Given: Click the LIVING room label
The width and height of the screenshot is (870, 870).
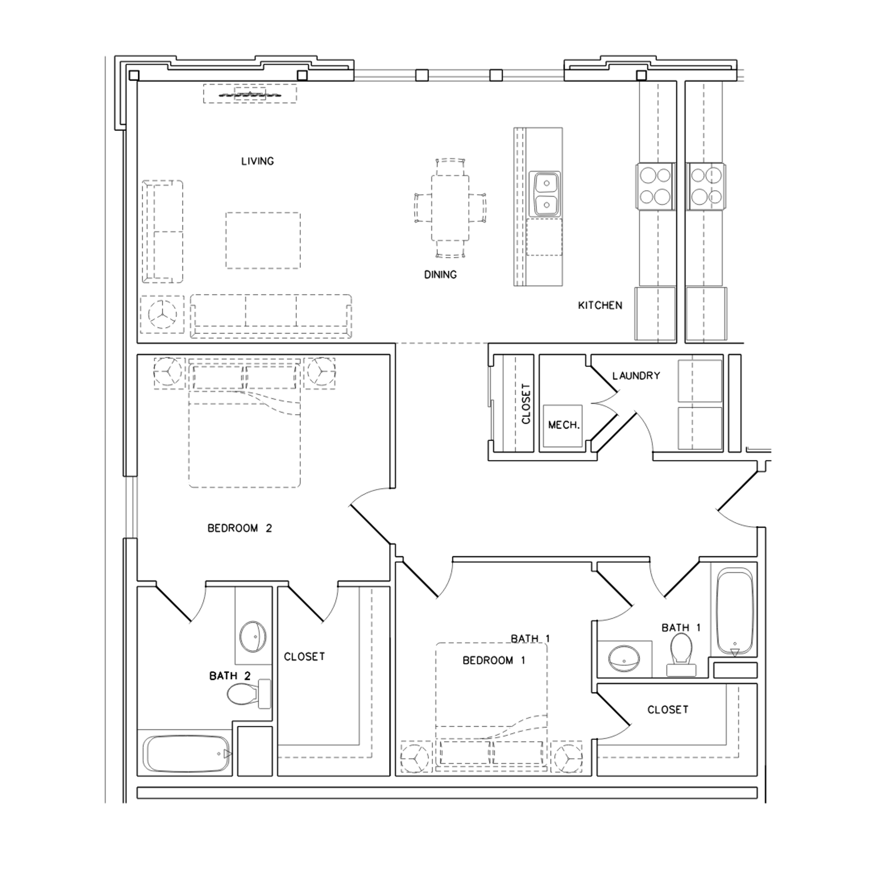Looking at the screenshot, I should click(257, 161).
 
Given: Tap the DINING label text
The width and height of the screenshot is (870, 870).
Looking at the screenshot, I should click(440, 275).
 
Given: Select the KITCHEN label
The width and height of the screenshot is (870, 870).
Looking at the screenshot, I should click(600, 305).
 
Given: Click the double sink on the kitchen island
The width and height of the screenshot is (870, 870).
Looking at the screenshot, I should click(545, 194).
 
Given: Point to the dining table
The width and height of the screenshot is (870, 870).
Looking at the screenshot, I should click(450, 208).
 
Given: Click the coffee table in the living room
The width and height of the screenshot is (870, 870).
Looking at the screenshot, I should click(263, 240).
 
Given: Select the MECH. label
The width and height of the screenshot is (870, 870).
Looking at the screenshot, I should click(564, 425).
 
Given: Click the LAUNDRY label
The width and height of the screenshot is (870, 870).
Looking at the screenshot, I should click(636, 376).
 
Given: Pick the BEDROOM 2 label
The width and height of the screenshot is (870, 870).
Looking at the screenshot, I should click(239, 528).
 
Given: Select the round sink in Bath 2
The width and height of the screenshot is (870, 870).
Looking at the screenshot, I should click(253, 637).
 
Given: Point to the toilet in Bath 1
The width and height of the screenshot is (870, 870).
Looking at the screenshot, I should click(681, 652).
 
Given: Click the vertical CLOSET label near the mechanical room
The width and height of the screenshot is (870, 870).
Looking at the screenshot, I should click(526, 404).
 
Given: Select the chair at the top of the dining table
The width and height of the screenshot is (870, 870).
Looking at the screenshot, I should click(450, 167).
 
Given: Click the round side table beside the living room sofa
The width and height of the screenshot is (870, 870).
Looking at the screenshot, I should click(162, 314).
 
